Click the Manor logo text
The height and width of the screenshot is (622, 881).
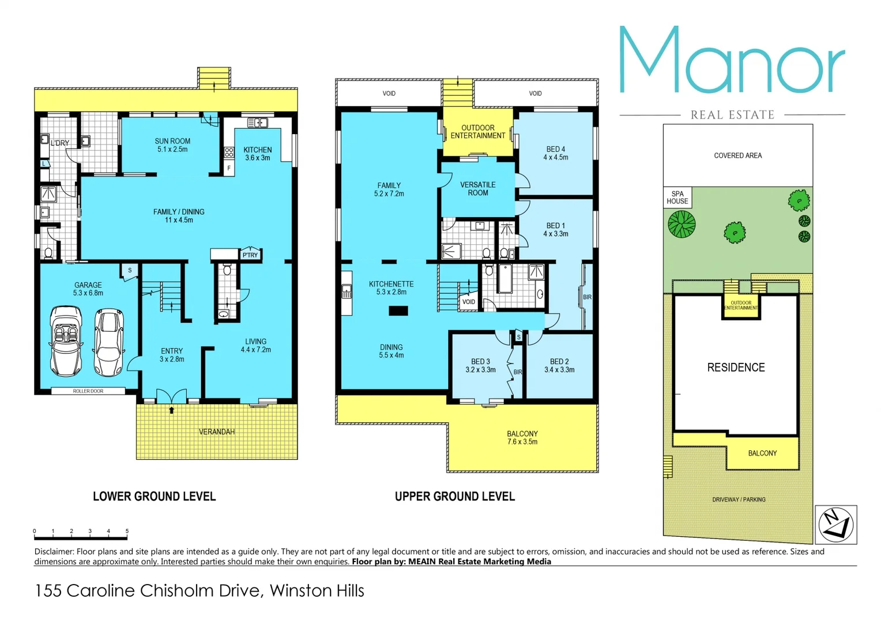point(732,60)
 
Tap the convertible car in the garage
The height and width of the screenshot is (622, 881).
point(66,341)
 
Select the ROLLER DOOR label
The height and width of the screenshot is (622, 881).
point(88,391)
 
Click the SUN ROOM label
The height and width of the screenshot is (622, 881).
point(172,141)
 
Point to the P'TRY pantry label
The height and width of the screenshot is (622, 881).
point(250,255)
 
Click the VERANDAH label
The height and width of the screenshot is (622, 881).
point(217,432)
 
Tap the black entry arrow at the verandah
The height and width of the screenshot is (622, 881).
point(171,410)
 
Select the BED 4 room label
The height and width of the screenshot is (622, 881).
point(555,149)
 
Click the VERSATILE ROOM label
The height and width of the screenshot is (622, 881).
point(477,189)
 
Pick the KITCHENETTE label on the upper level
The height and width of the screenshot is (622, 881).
point(391,284)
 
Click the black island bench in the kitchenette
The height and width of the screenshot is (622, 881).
point(398,311)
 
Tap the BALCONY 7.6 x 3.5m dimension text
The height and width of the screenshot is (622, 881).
point(522,442)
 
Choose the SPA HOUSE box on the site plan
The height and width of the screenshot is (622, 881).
point(677,198)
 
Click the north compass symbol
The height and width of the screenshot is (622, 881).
point(835,525)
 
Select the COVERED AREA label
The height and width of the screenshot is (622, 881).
point(737,155)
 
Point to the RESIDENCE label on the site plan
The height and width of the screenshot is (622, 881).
point(736,367)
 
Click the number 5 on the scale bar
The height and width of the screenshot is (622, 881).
point(127,531)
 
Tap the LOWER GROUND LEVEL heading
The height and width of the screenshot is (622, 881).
point(154,496)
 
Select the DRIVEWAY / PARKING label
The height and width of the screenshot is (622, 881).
point(739,499)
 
